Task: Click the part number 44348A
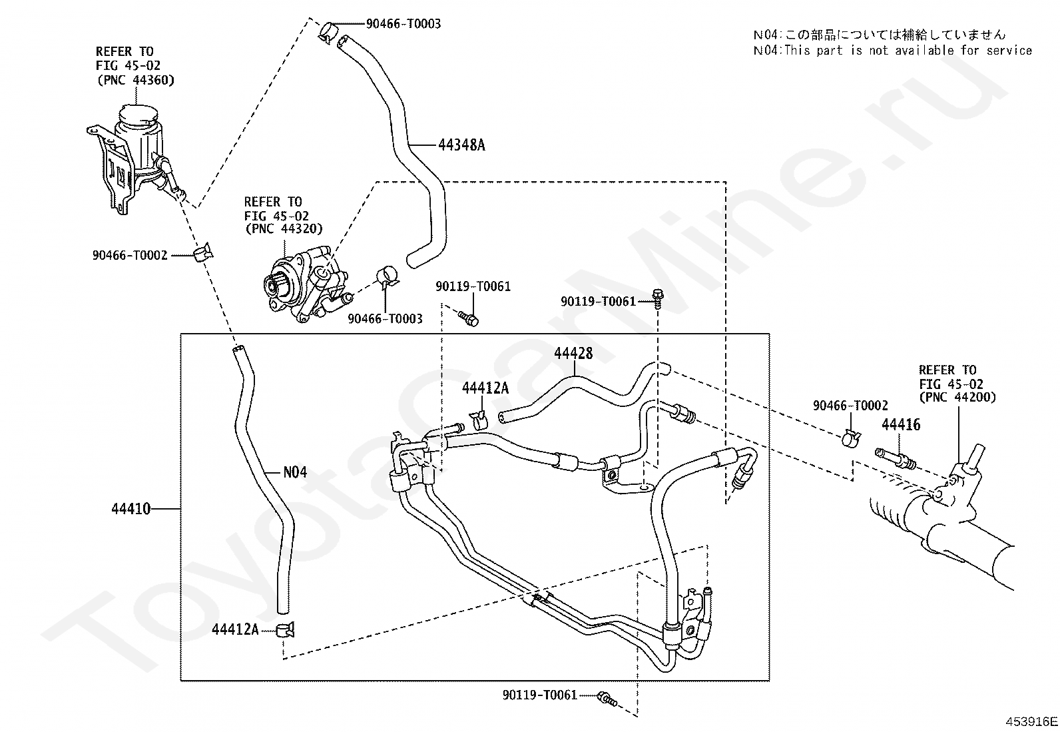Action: (x=461, y=145)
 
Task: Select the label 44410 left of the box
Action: (x=131, y=509)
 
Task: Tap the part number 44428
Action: (x=573, y=353)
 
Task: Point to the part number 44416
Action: (x=901, y=425)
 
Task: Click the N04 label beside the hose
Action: (x=295, y=472)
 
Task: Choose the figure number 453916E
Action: (x=1031, y=721)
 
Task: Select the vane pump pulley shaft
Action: (x=273, y=284)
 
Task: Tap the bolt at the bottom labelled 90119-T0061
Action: (x=607, y=699)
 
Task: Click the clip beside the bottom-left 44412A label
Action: (x=285, y=629)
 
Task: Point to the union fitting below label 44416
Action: (x=896, y=459)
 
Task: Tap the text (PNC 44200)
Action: (x=957, y=397)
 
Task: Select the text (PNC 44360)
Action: (x=136, y=80)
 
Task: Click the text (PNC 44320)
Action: (x=284, y=228)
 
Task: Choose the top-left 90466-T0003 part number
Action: (x=403, y=24)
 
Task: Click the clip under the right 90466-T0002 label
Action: (x=852, y=438)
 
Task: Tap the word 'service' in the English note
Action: (x=1009, y=50)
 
